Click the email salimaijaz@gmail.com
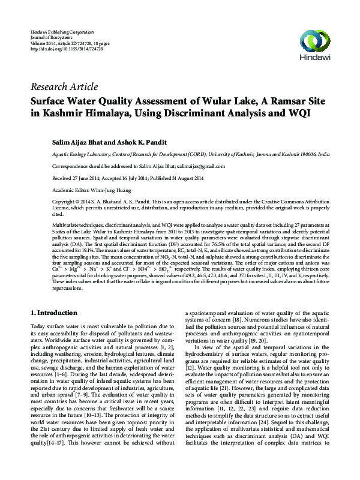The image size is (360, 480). [x=200, y=166]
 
